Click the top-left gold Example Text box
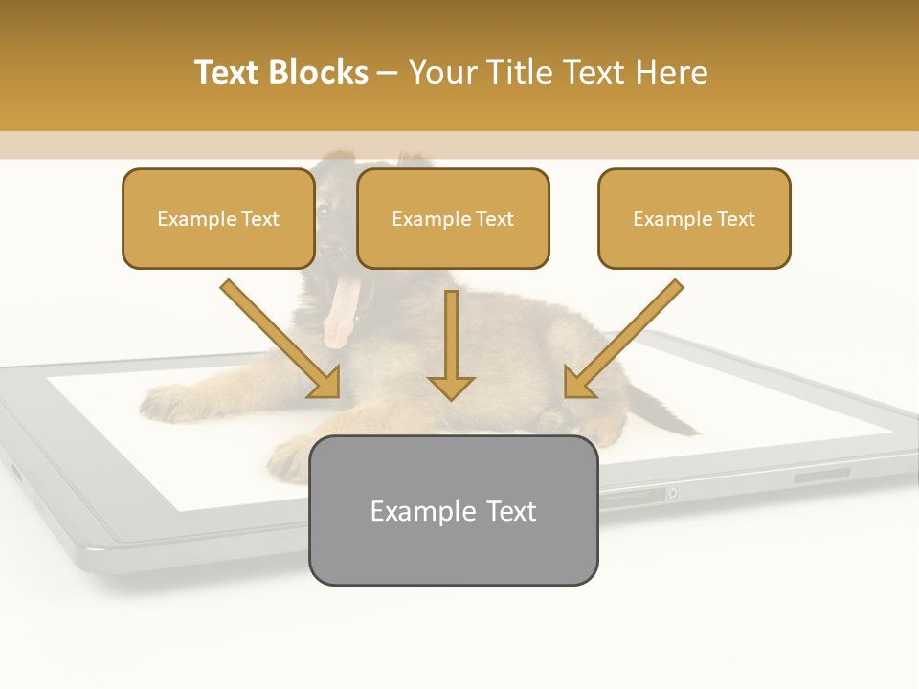218,218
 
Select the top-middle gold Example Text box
453,218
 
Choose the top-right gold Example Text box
694,218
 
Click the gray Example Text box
453,510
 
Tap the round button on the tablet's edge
673,493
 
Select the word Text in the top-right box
736,218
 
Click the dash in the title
388,74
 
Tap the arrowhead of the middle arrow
451,387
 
